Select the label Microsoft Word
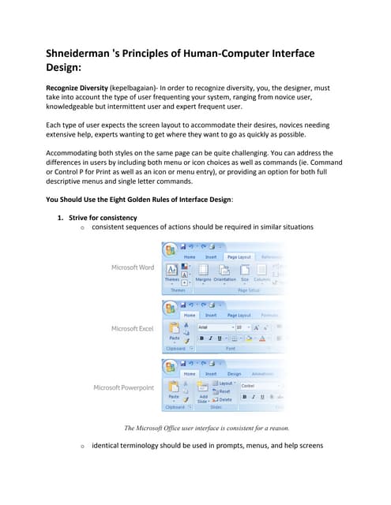(132, 267)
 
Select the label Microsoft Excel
(132, 328)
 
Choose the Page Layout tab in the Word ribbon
(238, 256)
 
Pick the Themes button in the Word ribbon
(171, 274)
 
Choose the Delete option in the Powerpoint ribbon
(224, 400)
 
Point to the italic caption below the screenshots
(207, 428)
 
